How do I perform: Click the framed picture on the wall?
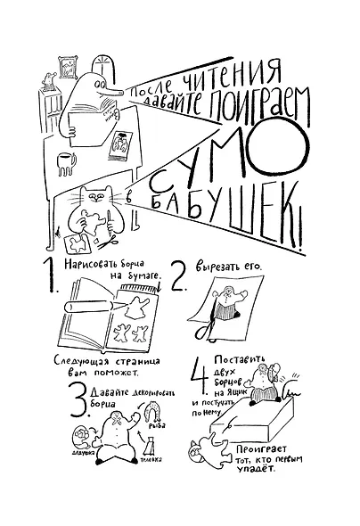click(68, 63)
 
